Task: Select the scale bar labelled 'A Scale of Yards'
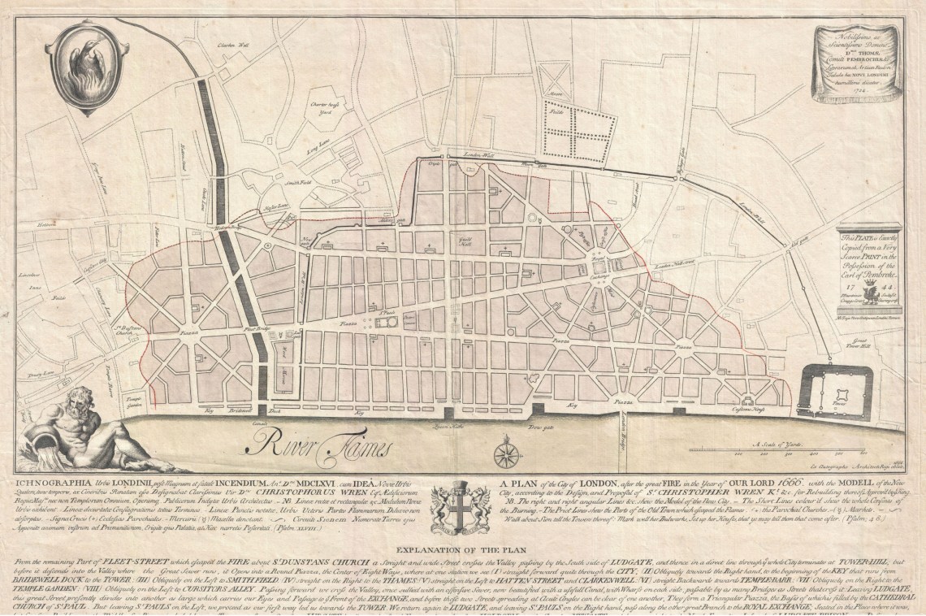(x=811, y=452)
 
